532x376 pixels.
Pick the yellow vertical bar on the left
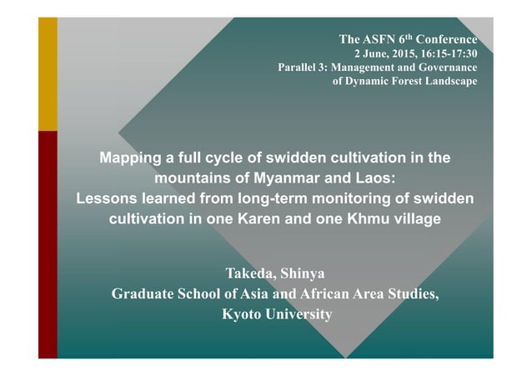[x=48, y=74]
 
